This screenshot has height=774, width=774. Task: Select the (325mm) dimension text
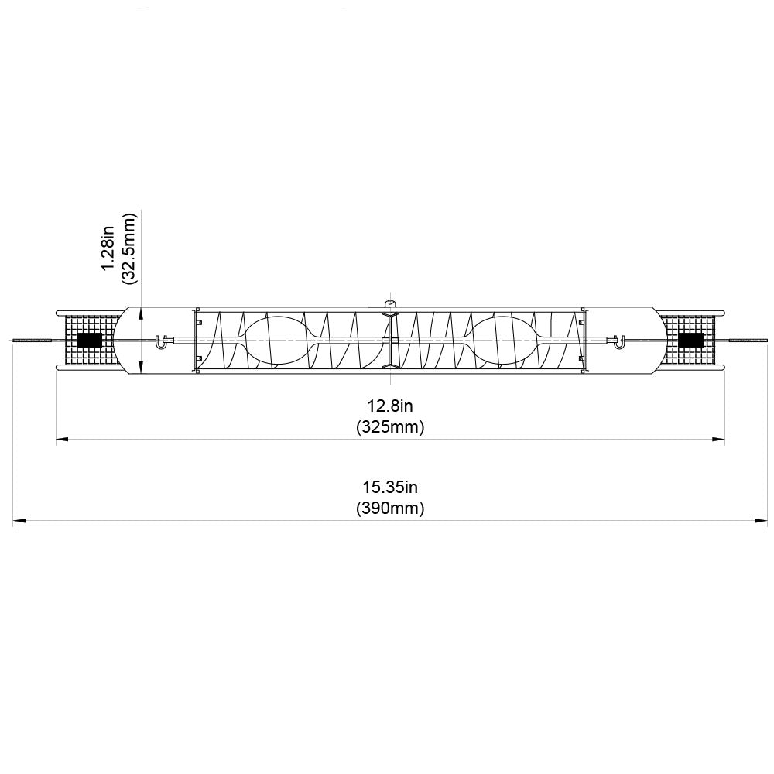point(390,426)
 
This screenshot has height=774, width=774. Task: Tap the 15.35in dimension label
point(390,488)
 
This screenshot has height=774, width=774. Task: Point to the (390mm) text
point(390,509)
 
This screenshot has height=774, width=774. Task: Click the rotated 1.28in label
point(108,247)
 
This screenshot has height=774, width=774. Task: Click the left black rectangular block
point(90,340)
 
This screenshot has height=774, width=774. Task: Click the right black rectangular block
point(690,340)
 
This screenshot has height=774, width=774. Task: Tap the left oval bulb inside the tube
point(275,339)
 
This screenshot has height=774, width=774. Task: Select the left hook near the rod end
point(161,341)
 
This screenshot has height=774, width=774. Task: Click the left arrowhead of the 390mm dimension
point(19,521)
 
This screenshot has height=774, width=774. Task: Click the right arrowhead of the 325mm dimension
point(718,440)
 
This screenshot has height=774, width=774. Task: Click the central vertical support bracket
point(391,341)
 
